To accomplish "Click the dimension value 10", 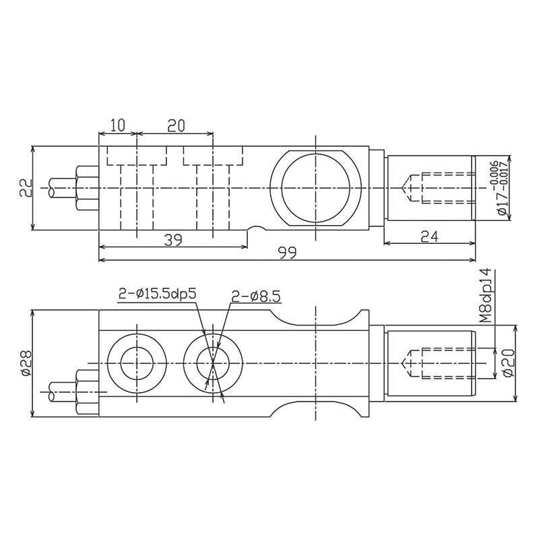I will pyautogui.click(x=117, y=125).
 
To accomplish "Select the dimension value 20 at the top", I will pyautogui.click(x=176, y=125).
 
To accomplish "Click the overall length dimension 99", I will pyautogui.click(x=288, y=253).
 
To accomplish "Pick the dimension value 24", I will pyautogui.click(x=429, y=236).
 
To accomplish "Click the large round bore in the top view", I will pyautogui.click(x=315, y=187).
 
